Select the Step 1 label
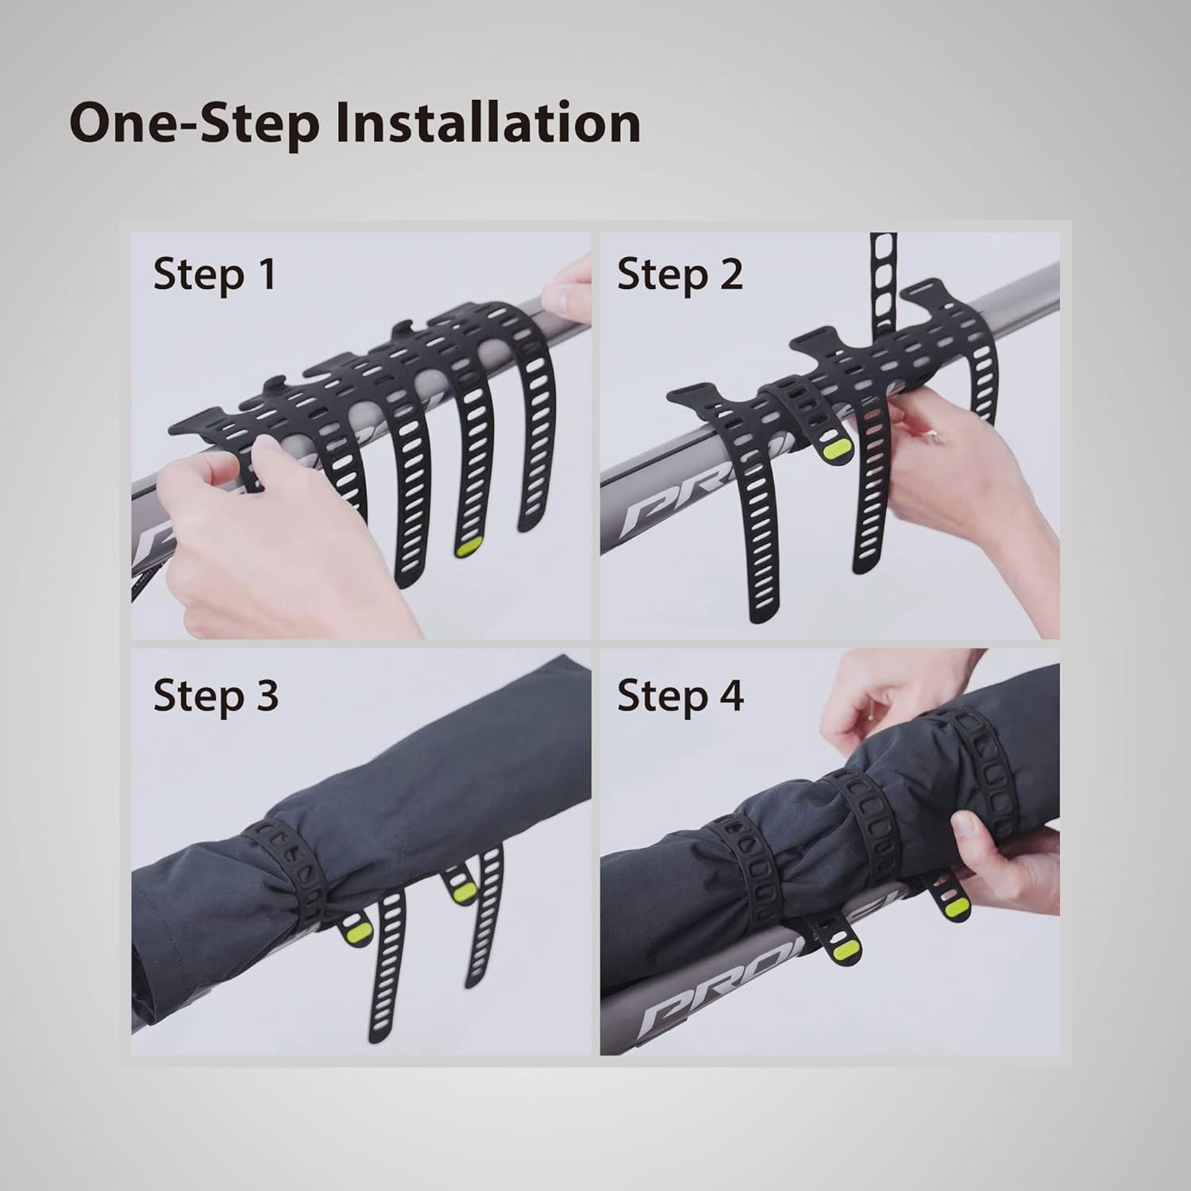coord(214,274)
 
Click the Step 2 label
coord(680,274)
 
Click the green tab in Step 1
coord(467,549)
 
